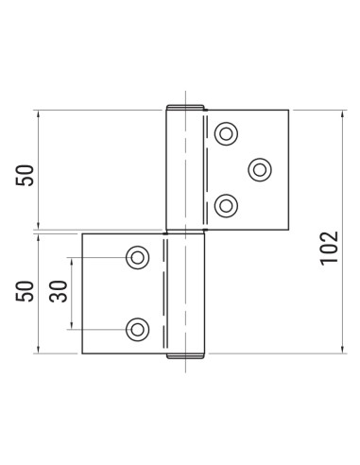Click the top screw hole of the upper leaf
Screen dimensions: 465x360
click(225, 134)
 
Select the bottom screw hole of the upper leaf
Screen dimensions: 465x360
click(225, 204)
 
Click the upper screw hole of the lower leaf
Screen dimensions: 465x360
click(138, 257)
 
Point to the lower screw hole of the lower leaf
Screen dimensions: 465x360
click(138, 329)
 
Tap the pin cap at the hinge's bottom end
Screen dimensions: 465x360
click(185, 357)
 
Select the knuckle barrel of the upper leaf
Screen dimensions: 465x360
click(184, 171)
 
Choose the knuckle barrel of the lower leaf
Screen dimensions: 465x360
click(185, 294)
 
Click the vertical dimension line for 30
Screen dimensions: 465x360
click(72, 312)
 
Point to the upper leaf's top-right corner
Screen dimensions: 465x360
click(287, 111)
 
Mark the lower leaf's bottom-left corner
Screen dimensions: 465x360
click(82, 353)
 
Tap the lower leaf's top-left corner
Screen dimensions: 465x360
click(82, 233)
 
